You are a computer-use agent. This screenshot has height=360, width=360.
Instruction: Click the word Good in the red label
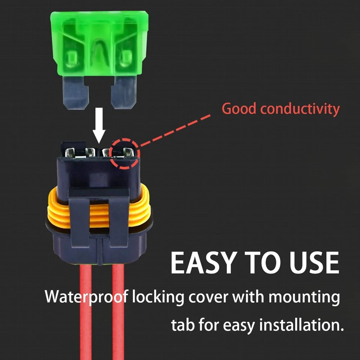point(239,109)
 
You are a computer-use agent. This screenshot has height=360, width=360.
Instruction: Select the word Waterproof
point(85,298)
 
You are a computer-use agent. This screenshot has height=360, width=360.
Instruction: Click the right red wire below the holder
point(118,313)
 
